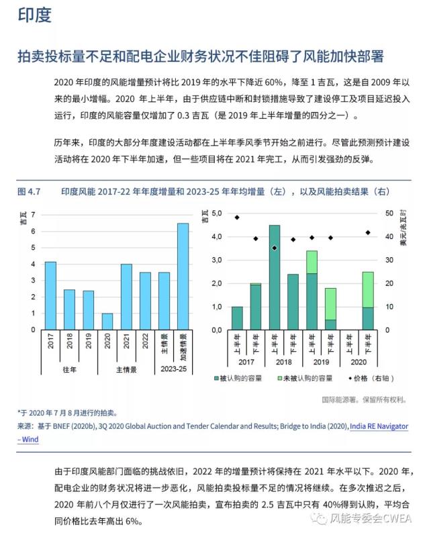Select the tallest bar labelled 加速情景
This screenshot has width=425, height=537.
[x=183, y=276]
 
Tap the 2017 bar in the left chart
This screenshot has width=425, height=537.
[x=50, y=295]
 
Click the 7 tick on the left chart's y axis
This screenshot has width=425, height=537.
[x=32, y=215]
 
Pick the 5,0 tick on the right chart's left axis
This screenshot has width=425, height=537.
[x=216, y=213]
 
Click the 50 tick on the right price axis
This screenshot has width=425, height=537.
[x=390, y=213]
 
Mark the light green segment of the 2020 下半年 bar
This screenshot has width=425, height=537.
[x=368, y=289]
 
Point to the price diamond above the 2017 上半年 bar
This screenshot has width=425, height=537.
[x=237, y=217]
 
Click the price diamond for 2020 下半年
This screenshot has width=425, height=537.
[x=368, y=232]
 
